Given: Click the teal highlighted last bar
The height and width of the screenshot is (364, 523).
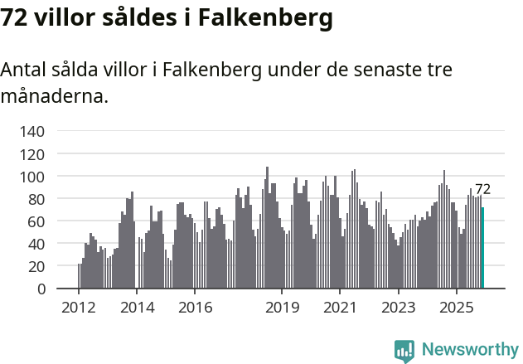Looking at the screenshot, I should pos(483,248).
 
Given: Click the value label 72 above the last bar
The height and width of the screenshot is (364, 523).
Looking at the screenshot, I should pos(482,189).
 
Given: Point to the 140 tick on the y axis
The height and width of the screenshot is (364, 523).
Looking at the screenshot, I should pos(32,131).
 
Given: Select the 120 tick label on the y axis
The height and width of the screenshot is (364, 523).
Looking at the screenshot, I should pos(32,154).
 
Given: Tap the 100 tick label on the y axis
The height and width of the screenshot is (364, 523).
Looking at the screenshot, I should pos(32,177).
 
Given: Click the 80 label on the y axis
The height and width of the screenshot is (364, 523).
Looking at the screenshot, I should pos(36,199).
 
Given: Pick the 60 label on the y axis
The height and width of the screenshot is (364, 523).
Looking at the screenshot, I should pos(36,221).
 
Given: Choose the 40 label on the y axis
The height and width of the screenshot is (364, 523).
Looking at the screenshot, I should pos(36,244).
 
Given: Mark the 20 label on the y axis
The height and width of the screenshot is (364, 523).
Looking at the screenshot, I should pos(36,266).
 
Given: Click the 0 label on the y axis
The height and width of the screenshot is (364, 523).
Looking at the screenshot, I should pos(41,289).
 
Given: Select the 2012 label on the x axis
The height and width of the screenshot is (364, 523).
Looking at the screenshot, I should pos(79,308).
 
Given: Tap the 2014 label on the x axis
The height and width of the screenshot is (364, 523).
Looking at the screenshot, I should pos(137,308).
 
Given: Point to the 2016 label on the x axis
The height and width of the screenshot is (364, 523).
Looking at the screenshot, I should pos(195,308).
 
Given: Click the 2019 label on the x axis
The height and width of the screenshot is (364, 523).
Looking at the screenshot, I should pos(282,308).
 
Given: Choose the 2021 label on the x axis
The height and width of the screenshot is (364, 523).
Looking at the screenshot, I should pos(340,308).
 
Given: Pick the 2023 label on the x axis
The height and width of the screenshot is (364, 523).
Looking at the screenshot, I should pos(398,308).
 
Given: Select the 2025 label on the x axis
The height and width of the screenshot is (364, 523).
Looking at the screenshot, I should pos(456,308).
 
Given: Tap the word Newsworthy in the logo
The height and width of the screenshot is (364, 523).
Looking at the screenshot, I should pos(469,349).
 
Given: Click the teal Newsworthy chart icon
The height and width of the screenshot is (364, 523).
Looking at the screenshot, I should pos(404,351).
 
